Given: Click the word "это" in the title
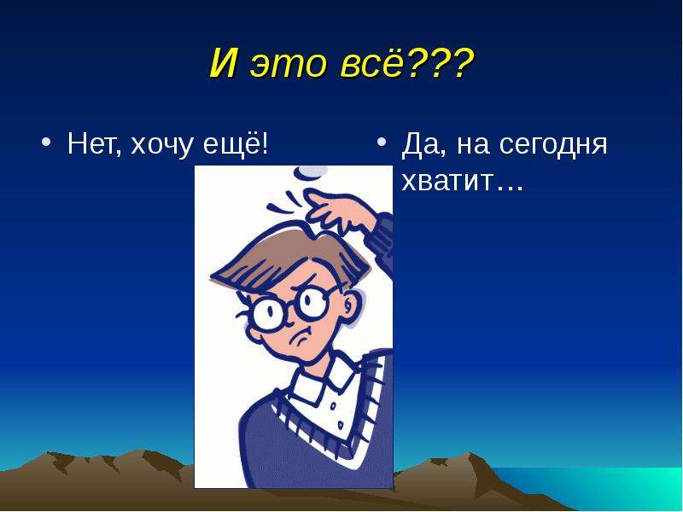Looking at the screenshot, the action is coord(288,63).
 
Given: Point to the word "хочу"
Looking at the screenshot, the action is coord(161,147).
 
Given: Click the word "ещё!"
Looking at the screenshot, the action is coord(236,143).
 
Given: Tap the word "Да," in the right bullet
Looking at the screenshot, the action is coord(424,145).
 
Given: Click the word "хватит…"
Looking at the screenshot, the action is coord(462,182).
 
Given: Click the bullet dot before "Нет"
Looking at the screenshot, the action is coord(47,143).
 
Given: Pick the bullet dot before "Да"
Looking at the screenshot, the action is coord(382,143).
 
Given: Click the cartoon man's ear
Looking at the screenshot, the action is coord(350,303).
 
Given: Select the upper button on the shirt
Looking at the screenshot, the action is coord(332,407).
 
